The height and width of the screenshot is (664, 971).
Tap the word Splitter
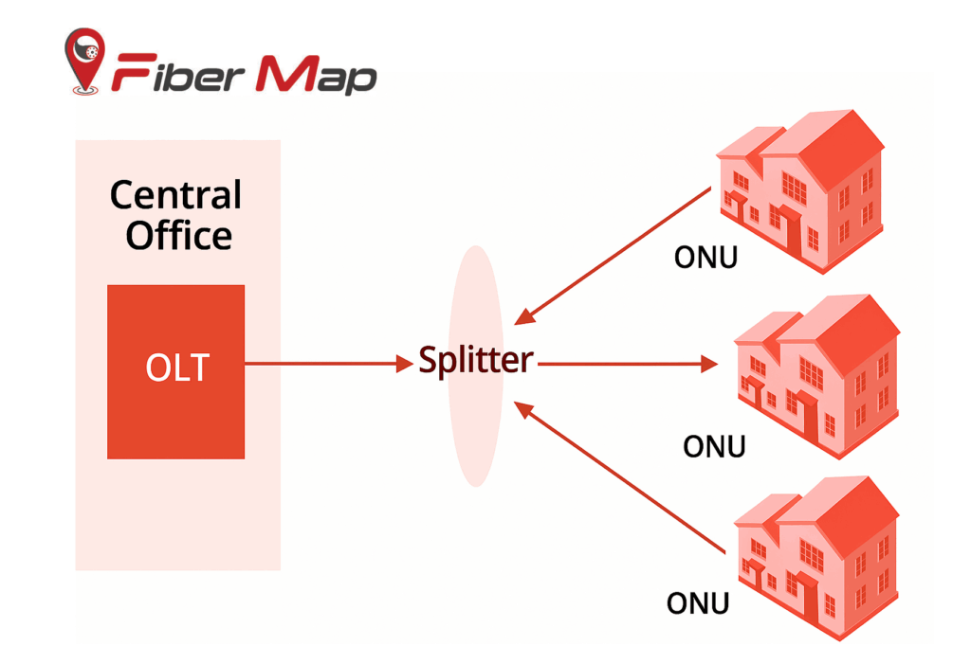click(476, 361)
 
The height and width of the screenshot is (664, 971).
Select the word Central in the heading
click(176, 195)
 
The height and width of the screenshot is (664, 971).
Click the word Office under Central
click(178, 235)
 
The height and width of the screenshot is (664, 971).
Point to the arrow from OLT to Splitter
click(322, 363)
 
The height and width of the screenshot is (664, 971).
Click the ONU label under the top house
click(705, 257)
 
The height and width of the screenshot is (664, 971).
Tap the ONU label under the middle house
click(714, 445)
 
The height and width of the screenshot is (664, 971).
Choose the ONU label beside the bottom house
click(698, 602)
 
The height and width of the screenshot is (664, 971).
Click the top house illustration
click(801, 189)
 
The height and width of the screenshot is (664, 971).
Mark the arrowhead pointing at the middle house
click(708, 363)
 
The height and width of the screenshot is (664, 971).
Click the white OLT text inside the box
click(176, 368)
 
